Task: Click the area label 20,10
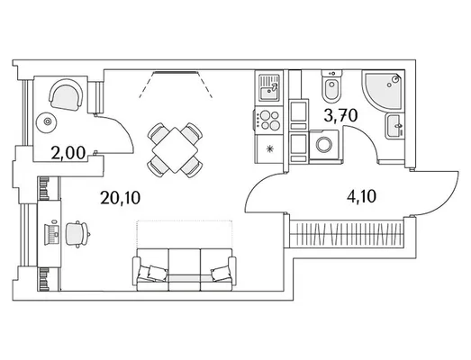[x=121, y=198]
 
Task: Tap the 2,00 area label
[x=68, y=153]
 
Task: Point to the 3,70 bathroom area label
[x=341, y=115]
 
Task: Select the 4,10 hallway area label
[x=362, y=197]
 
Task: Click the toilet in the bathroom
[x=331, y=86]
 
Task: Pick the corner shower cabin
[x=384, y=91]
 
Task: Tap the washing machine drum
[x=323, y=144]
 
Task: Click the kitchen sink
[x=269, y=87]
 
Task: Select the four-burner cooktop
[x=269, y=120]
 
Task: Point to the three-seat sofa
[x=185, y=270]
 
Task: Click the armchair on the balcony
[x=66, y=94]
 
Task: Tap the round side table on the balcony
[x=47, y=121]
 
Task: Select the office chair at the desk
[x=77, y=235]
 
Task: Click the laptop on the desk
[x=51, y=234]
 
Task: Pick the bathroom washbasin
[x=394, y=126]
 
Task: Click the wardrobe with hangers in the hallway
[x=348, y=234]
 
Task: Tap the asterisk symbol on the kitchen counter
[x=270, y=148]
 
